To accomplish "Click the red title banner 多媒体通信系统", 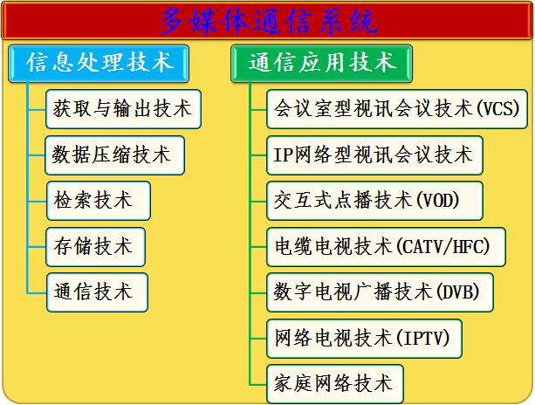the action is click(x=267, y=21).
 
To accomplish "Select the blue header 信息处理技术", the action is click(x=99, y=64).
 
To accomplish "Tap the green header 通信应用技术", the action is click(x=321, y=64).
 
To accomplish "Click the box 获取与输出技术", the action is click(x=123, y=109).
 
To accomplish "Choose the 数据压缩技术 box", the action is click(x=114, y=155).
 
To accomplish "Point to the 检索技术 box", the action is click(x=99, y=201).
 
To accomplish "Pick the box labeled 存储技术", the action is click(x=95, y=247).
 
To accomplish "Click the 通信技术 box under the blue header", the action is click(x=97, y=292).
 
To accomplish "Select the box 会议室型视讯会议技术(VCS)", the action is click(x=397, y=109).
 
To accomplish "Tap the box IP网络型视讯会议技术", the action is click(x=374, y=155).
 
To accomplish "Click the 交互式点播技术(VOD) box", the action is click(x=374, y=201).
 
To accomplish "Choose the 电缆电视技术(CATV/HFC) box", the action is click(x=386, y=247).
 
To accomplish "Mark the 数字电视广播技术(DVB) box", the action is click(x=380, y=292).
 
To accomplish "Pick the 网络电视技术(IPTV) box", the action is click(x=364, y=339).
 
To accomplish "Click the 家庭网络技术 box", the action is click(x=335, y=384).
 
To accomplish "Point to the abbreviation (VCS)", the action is click(x=497, y=109).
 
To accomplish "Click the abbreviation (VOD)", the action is click(x=437, y=201).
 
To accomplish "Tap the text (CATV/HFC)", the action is click(x=443, y=247).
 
